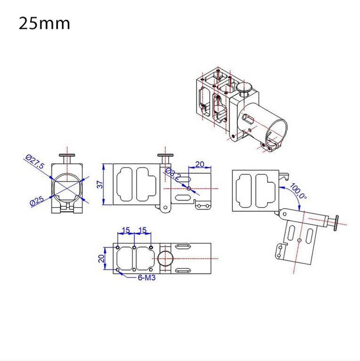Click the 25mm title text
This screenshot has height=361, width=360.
(x=44, y=24)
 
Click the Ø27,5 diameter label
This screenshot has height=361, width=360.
(x=35, y=161)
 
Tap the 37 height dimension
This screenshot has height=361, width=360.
(x=100, y=185)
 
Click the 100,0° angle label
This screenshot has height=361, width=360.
(x=298, y=191)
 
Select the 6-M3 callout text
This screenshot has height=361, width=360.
(x=147, y=278)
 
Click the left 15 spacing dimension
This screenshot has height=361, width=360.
(x=126, y=230)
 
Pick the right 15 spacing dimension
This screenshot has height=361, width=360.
(x=143, y=230)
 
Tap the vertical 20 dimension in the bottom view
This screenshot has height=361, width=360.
(x=101, y=258)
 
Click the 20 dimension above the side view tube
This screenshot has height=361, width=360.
(x=200, y=164)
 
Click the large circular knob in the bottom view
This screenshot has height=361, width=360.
(x=165, y=258)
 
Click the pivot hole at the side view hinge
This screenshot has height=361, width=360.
(x=165, y=208)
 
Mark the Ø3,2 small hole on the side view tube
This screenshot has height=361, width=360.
(x=189, y=189)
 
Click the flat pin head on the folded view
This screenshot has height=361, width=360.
(x=336, y=223)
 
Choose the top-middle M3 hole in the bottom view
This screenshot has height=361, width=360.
(x=134, y=248)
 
